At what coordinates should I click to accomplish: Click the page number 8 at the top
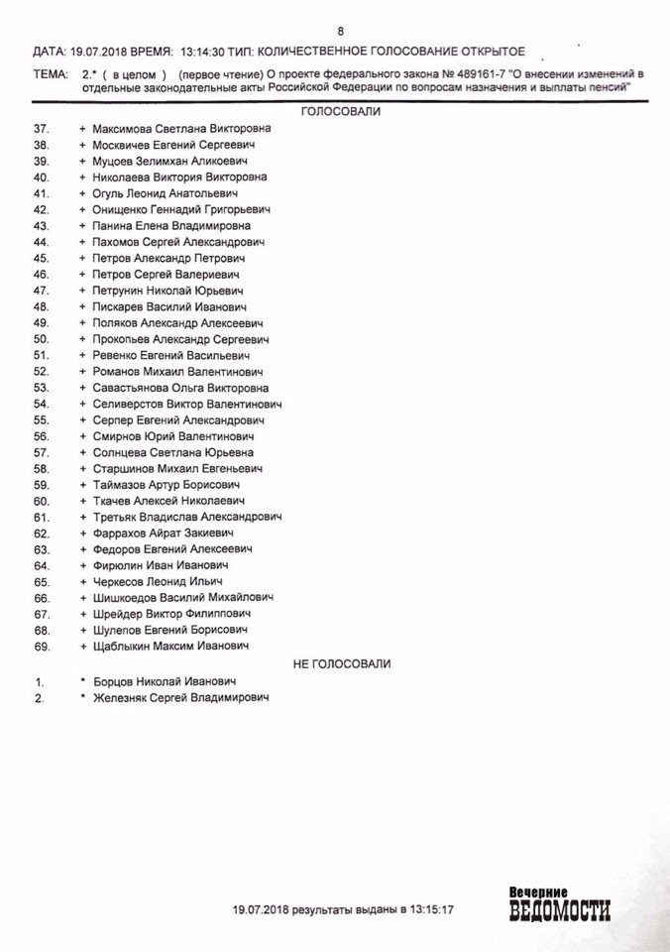point(341,31)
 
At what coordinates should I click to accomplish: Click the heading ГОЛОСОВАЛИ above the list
point(341,112)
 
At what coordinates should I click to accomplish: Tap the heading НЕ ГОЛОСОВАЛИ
point(342,663)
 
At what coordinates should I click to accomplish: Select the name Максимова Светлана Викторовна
point(180,129)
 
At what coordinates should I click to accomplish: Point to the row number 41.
point(41,193)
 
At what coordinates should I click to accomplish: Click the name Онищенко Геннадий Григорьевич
point(180,209)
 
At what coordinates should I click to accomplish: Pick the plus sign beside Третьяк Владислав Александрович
point(83,517)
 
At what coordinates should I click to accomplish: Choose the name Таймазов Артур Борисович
point(166,485)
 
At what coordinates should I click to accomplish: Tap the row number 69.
point(41,646)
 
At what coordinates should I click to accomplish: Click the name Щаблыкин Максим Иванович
point(170,646)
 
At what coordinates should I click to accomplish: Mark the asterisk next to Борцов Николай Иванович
point(83,681)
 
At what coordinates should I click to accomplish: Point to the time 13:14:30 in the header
point(205,50)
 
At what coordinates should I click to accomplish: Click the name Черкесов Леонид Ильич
point(157,581)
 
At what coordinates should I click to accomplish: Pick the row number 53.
point(41,388)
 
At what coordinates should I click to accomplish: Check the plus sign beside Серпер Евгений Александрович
point(83,419)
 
